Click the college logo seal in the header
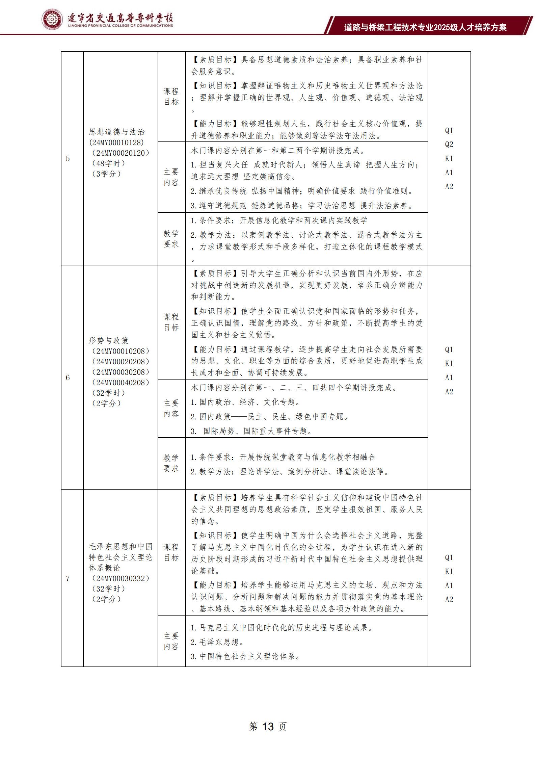click(52, 20)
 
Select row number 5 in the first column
click(68, 159)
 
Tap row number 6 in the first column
click(68, 377)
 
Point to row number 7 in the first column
click(68, 578)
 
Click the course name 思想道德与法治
click(117, 132)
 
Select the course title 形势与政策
click(109, 340)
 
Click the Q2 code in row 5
click(449, 145)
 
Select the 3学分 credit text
click(106, 174)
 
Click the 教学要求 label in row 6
click(171, 463)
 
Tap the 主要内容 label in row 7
click(171, 641)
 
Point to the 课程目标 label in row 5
click(171, 97)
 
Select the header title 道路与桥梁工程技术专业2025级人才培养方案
click(425, 27)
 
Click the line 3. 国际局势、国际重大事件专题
click(252, 431)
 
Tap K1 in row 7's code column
click(449, 571)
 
